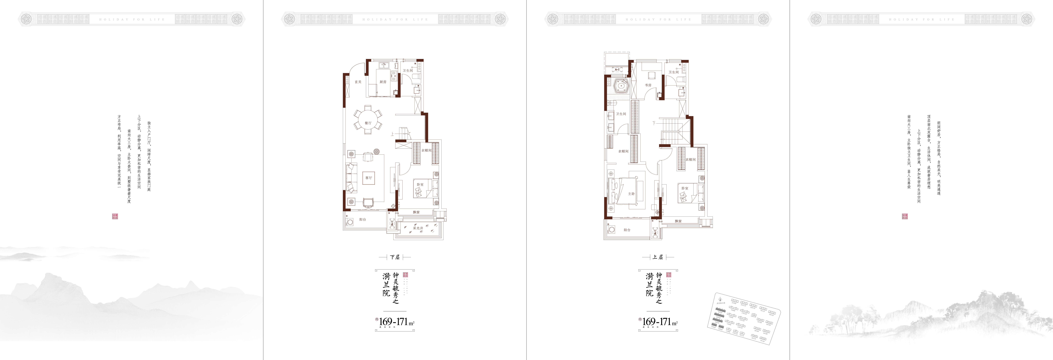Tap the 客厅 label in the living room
(369, 178)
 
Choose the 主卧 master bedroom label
(632, 194)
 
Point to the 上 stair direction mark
(392, 134)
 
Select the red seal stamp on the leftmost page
(115, 216)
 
